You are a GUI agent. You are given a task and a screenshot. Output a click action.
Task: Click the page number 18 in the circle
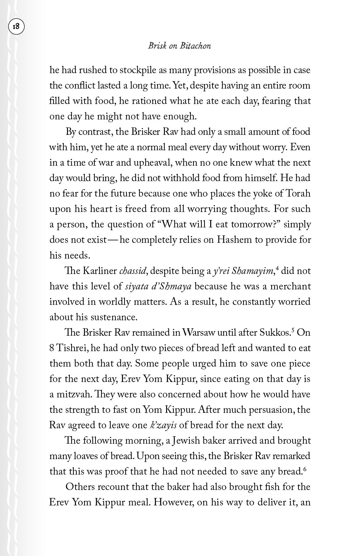[x=16, y=27]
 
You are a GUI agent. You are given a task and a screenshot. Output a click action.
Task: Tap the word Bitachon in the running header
[x=195, y=46]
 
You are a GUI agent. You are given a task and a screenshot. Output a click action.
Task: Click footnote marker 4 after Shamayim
[x=277, y=268]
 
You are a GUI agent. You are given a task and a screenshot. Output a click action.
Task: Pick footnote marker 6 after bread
[x=304, y=469]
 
